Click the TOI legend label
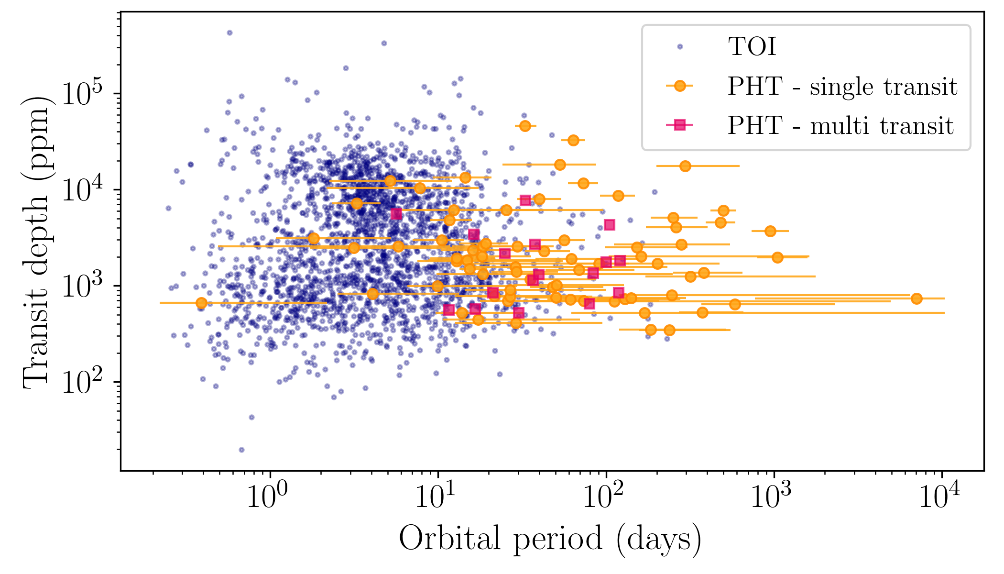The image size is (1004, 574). (x=752, y=47)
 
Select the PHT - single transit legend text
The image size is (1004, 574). (x=842, y=87)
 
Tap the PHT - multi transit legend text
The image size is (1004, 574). (x=840, y=126)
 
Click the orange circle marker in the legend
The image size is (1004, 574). (x=679, y=86)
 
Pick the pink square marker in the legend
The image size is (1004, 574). (x=679, y=125)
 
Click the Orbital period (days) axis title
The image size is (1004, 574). (x=550, y=540)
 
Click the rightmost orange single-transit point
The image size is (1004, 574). (x=917, y=298)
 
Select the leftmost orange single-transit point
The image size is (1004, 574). (x=201, y=303)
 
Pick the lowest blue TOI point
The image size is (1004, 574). (x=241, y=450)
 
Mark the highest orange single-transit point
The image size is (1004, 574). (x=525, y=126)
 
